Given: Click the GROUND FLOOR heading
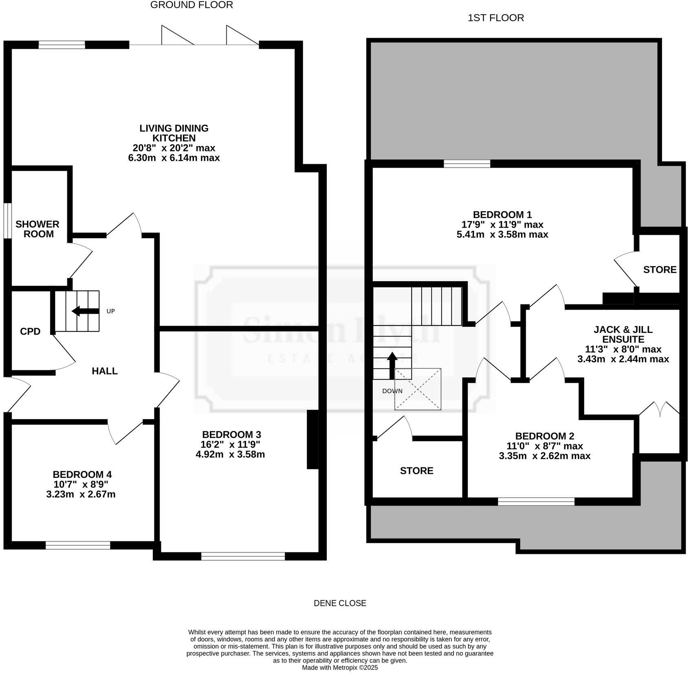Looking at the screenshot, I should tap(192, 5).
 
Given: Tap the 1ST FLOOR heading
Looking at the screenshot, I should tap(495, 18).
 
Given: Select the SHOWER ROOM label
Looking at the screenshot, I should tap(37, 229).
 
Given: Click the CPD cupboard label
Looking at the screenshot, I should tap(30, 332).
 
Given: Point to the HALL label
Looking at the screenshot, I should tap(105, 371).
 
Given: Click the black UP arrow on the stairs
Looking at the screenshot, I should tap(85, 311).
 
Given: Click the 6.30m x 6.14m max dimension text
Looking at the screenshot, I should tap(174, 158).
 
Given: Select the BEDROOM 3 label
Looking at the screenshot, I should tap(231, 435).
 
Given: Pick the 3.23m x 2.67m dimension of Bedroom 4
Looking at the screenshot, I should tap(81, 495).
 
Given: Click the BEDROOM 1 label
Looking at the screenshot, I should tap(502, 215).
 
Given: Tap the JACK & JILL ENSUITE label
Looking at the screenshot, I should tap(623, 335).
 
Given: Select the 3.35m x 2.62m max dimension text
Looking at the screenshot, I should tap(544, 456).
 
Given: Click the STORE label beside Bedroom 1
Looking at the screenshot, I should tap(660, 270).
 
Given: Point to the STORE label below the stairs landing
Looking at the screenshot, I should tap(416, 471).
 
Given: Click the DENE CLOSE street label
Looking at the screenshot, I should tap(340, 603).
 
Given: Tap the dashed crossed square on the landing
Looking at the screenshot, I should tap(418, 389).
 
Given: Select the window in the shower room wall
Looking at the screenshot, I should tap(7, 220).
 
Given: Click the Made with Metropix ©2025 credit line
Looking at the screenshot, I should tap(340, 668).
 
